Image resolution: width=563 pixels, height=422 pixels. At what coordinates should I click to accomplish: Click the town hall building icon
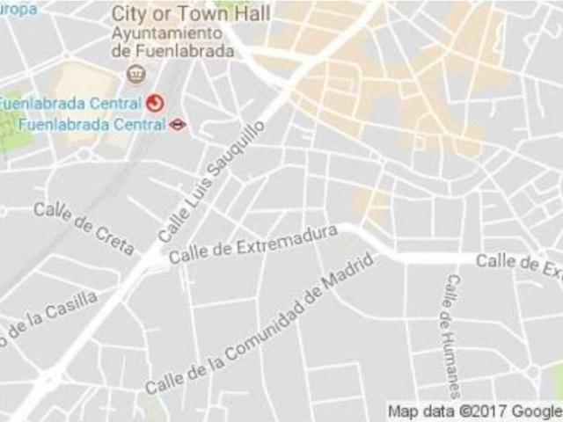135,73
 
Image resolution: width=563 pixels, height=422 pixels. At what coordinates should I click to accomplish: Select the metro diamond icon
179,124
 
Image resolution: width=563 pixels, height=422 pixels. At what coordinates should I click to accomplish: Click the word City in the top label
129,13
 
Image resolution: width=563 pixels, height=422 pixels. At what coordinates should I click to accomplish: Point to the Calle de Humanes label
450,334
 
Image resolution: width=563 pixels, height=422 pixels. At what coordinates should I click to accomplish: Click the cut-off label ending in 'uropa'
18,9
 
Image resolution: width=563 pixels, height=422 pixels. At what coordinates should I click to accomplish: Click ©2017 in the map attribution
481,411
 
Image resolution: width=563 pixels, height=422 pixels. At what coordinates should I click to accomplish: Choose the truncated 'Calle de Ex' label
519,262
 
